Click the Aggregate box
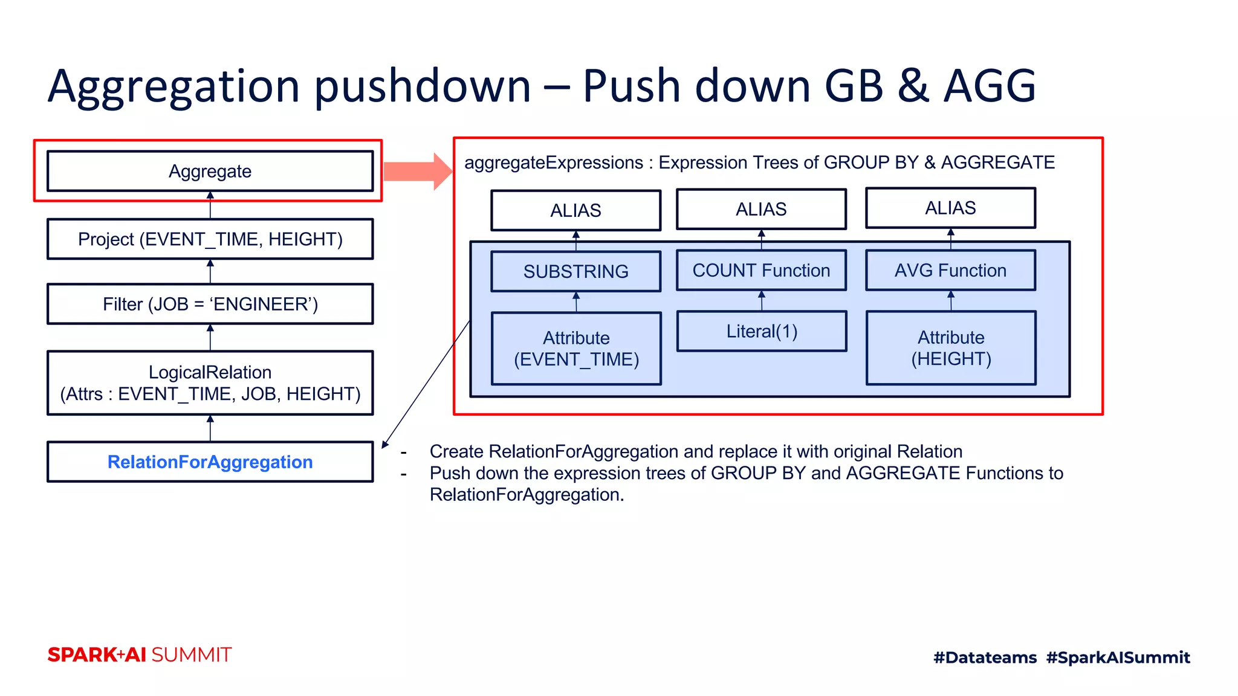pyautogui.click(x=210, y=172)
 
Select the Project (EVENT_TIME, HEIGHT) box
pyautogui.click(x=210, y=239)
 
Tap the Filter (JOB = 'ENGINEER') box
pyautogui.click(x=210, y=304)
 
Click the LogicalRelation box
pyautogui.click(x=210, y=383)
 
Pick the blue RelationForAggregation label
pyautogui.click(x=210, y=462)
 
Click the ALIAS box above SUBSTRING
pyautogui.click(x=575, y=210)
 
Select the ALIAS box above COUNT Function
pyautogui.click(x=761, y=209)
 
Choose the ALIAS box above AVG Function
pyautogui.click(x=950, y=208)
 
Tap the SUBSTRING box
pyautogui.click(x=575, y=272)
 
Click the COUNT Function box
pyautogui.click(x=761, y=271)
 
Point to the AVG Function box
pyautogui.click(x=950, y=271)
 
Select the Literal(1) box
pyautogui.click(x=762, y=331)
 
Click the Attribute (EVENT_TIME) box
pyautogui.click(x=576, y=349)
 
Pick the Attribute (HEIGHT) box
pyautogui.click(x=951, y=348)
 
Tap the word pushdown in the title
pyautogui.click(x=423, y=86)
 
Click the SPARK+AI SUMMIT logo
pyautogui.click(x=140, y=655)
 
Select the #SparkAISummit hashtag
pyautogui.click(x=1118, y=657)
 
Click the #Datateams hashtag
pyautogui.click(x=985, y=657)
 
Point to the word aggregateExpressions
pyautogui.click(x=553, y=163)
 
